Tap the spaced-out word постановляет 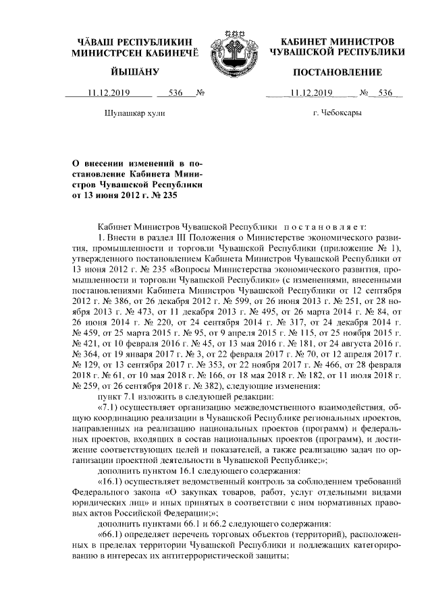[324, 228]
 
